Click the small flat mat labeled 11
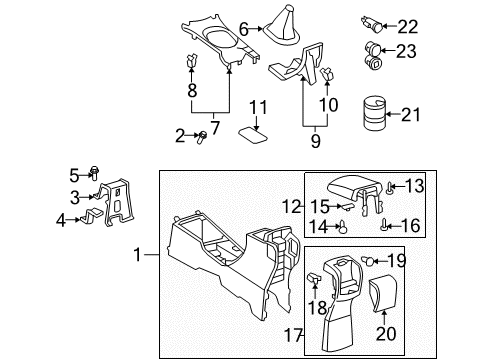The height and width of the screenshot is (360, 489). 251,133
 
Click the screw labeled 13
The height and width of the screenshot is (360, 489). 389,186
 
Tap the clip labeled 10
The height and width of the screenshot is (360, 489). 327,71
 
